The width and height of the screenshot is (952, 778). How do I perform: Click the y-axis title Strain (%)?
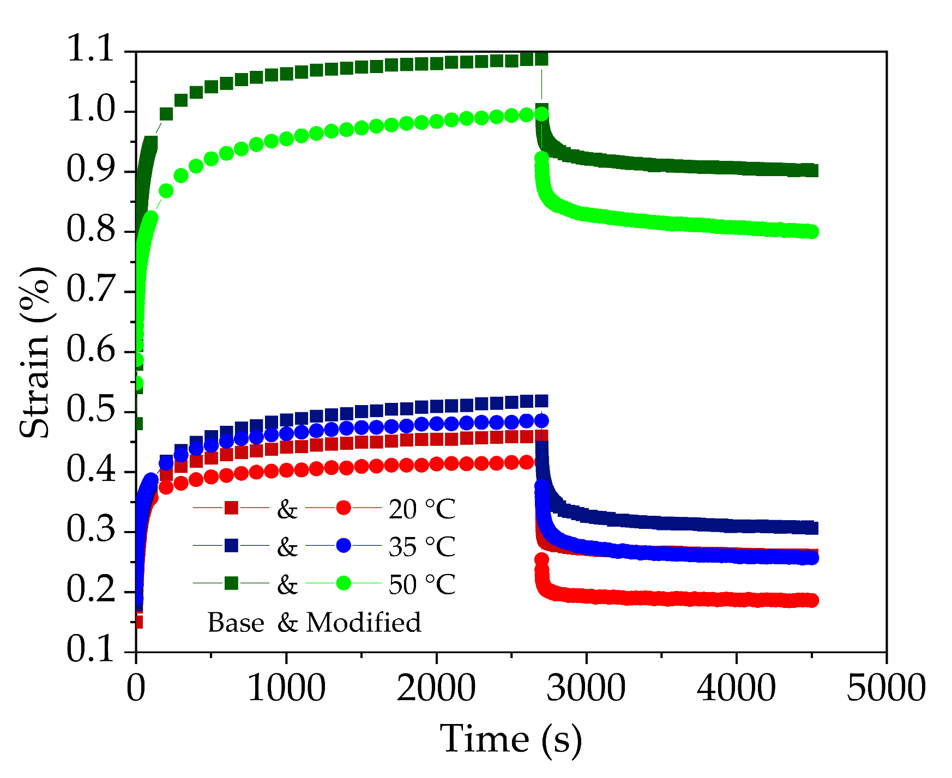pyautogui.click(x=36, y=352)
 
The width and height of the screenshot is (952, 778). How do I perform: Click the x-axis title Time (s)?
pyautogui.click(x=511, y=740)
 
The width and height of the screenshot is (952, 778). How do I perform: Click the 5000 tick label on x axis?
pyautogui.click(x=885, y=688)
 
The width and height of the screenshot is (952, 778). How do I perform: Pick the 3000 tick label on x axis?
pyautogui.click(x=586, y=688)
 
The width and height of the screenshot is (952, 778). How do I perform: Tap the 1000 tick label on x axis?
pyautogui.click(x=286, y=688)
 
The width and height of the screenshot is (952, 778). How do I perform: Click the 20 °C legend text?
pyautogui.click(x=421, y=510)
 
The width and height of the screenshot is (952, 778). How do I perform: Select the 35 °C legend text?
pyautogui.click(x=421, y=547)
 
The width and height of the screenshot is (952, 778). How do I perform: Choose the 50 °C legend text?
pyautogui.click(x=421, y=584)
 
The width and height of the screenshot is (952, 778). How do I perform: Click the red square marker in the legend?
pyautogui.click(x=231, y=508)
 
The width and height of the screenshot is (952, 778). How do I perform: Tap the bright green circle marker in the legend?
pyautogui.click(x=344, y=583)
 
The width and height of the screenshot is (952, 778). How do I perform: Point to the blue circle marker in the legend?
pyautogui.click(x=344, y=545)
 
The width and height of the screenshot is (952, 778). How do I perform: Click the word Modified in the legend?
pyautogui.click(x=364, y=622)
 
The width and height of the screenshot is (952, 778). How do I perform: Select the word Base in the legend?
pyautogui.click(x=236, y=622)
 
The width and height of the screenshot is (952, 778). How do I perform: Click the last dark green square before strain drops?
pyautogui.click(x=541, y=58)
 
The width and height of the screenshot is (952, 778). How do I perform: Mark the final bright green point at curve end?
pyautogui.click(x=812, y=232)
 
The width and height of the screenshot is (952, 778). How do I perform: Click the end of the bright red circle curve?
pyautogui.click(x=812, y=600)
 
